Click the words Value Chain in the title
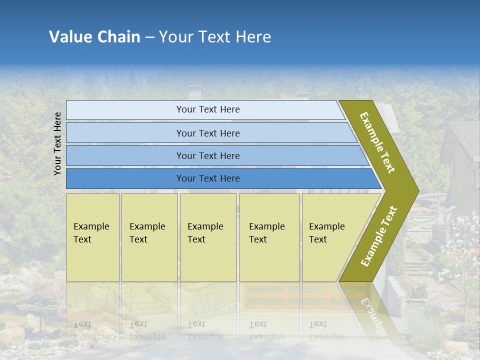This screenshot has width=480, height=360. click(94, 37)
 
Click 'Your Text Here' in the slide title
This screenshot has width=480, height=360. click(215, 37)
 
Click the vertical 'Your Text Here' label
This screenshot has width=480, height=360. click(57, 143)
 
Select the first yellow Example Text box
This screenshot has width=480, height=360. click(92, 237)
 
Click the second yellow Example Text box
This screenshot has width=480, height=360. click(149, 237)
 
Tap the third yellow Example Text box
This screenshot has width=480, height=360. click(208, 237)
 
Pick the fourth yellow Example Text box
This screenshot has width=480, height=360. click(269, 237)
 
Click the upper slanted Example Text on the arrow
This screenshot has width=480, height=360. click(377, 142)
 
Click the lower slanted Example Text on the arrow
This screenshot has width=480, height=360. click(379, 236)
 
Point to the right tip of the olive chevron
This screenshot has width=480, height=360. click(417, 190)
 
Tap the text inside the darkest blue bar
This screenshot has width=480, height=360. click(208, 178)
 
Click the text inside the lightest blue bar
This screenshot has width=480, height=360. click(208, 109)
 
